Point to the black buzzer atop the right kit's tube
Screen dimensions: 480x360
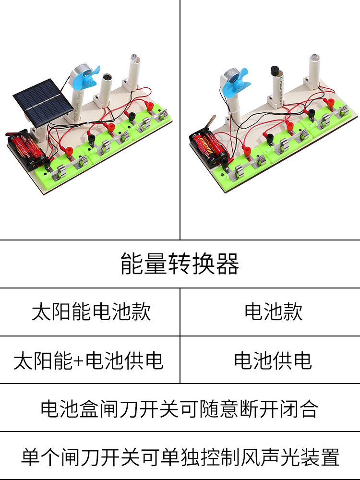276,71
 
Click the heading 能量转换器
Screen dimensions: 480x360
180,264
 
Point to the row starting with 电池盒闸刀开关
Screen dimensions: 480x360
180,408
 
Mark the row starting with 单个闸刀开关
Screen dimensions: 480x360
180,456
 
